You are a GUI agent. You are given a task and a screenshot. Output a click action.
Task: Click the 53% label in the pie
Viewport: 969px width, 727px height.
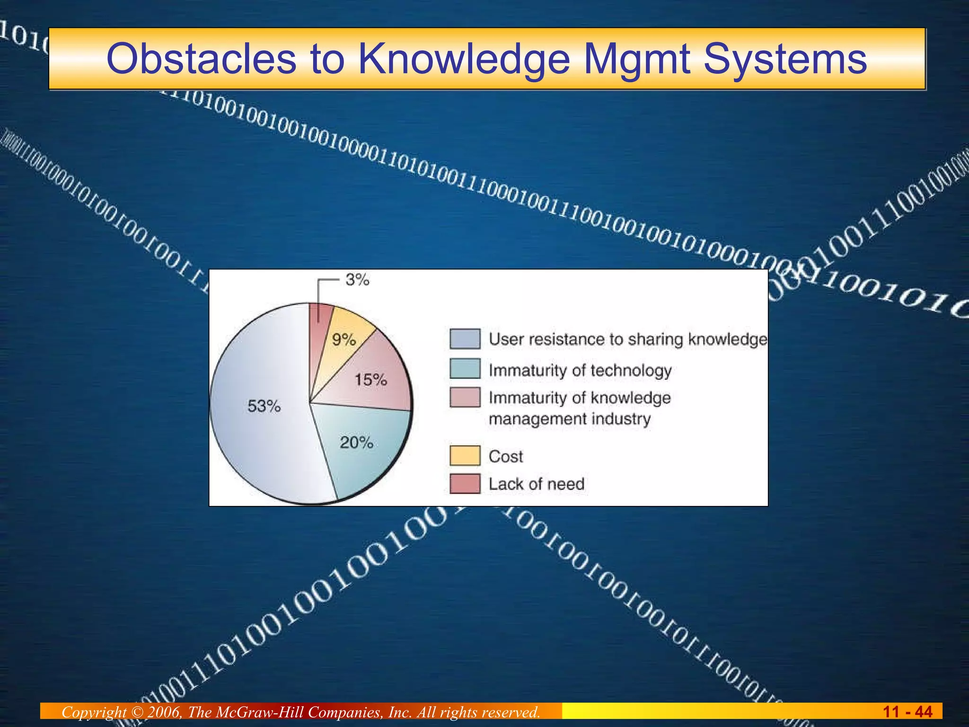coord(264,406)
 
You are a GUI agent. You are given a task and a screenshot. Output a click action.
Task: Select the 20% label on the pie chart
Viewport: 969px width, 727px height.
coord(356,443)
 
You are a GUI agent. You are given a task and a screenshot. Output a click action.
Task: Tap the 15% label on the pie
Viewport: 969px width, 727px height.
coord(371,380)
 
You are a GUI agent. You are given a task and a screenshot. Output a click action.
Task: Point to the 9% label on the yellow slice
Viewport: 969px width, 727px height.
coord(344,339)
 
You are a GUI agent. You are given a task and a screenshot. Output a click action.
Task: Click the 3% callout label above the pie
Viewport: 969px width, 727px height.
coord(357,280)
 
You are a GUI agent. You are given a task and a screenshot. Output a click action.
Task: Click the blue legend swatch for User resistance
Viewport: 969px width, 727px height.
coord(465,339)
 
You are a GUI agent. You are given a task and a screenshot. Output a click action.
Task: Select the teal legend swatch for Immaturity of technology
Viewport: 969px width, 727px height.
coord(465,369)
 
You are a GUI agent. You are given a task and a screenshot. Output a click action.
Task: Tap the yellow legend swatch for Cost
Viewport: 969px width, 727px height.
coord(465,456)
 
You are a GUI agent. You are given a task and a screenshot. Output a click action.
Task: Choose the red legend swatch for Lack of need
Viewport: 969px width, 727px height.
coord(465,484)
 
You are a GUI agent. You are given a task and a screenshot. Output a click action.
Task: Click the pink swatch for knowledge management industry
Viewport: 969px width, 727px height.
coord(465,398)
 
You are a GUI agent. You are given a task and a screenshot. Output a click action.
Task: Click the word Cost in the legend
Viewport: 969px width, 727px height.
coord(506,457)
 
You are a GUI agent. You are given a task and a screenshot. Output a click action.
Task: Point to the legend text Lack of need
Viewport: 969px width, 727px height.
coord(537,484)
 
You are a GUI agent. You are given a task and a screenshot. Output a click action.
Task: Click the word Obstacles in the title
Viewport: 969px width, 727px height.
coord(202,59)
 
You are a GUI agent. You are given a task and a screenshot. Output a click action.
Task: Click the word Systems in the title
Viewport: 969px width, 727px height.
coord(785,59)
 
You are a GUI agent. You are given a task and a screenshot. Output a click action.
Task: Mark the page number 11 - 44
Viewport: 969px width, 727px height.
coord(907,712)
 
